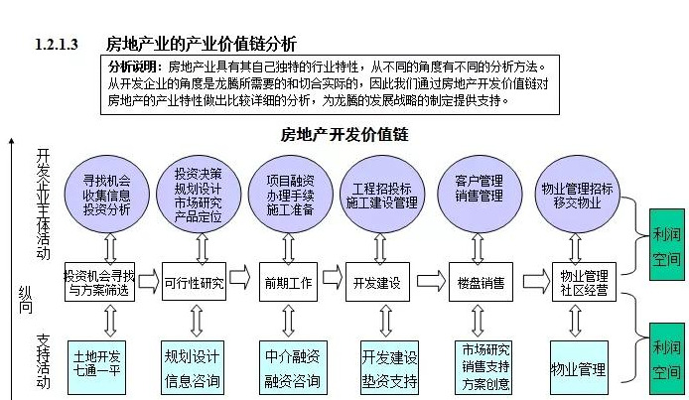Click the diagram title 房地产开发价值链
(344, 134)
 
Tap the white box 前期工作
(288, 282)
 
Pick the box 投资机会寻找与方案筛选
(98, 282)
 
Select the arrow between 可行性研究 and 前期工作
(243, 282)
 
